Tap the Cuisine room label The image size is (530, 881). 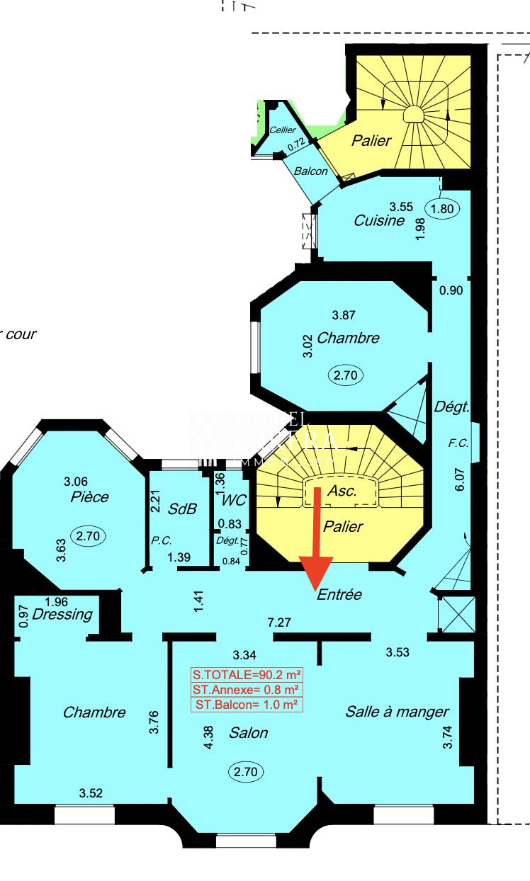(379, 220)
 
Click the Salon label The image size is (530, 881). (248, 732)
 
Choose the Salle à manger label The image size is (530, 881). (397, 712)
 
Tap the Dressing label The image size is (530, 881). (62, 614)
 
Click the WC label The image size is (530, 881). (233, 500)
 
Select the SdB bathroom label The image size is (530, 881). (182, 508)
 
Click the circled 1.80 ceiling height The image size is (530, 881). (441, 208)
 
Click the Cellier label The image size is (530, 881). (283, 130)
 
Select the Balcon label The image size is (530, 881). (311, 171)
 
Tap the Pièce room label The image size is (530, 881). (90, 496)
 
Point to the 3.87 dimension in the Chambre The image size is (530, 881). (344, 314)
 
